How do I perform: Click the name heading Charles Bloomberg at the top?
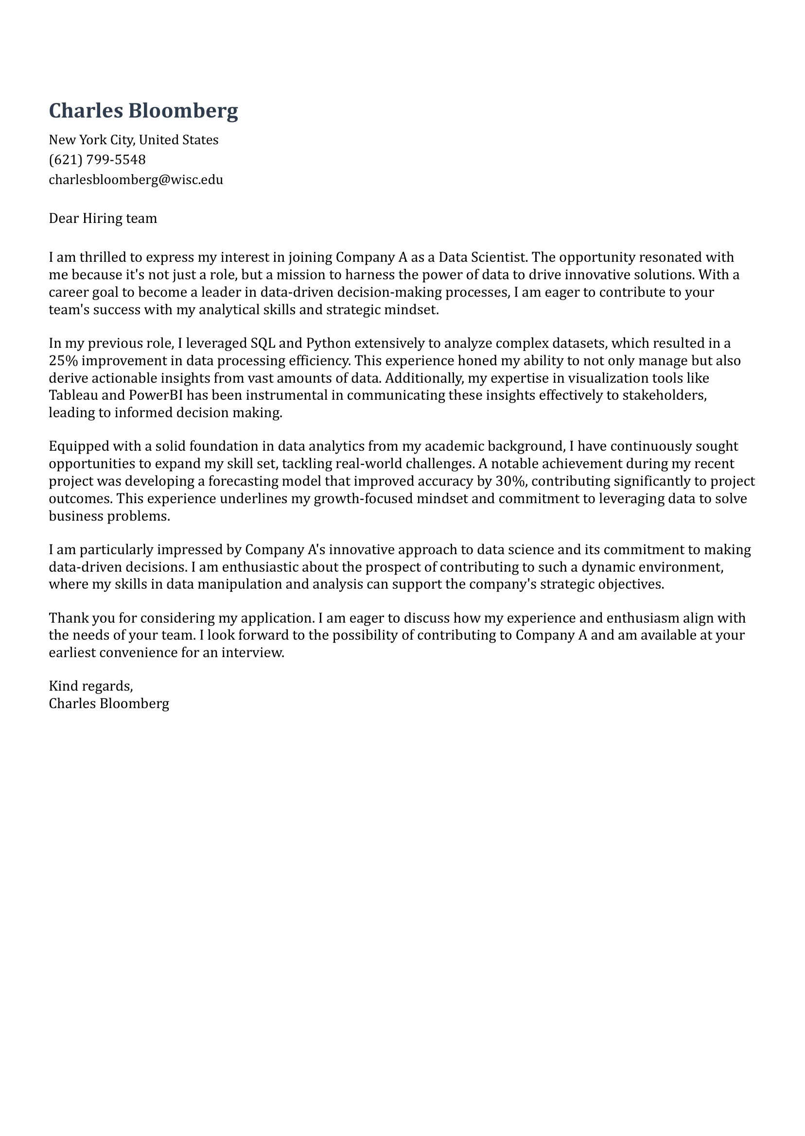click(143, 110)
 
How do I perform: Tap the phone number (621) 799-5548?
click(97, 159)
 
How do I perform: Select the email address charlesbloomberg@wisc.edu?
click(136, 179)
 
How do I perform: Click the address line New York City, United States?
click(133, 140)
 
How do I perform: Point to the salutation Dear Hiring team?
click(103, 219)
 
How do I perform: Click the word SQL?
click(262, 343)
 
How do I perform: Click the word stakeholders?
click(664, 395)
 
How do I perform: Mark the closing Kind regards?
click(91, 686)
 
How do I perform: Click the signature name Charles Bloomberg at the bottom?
click(109, 703)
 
